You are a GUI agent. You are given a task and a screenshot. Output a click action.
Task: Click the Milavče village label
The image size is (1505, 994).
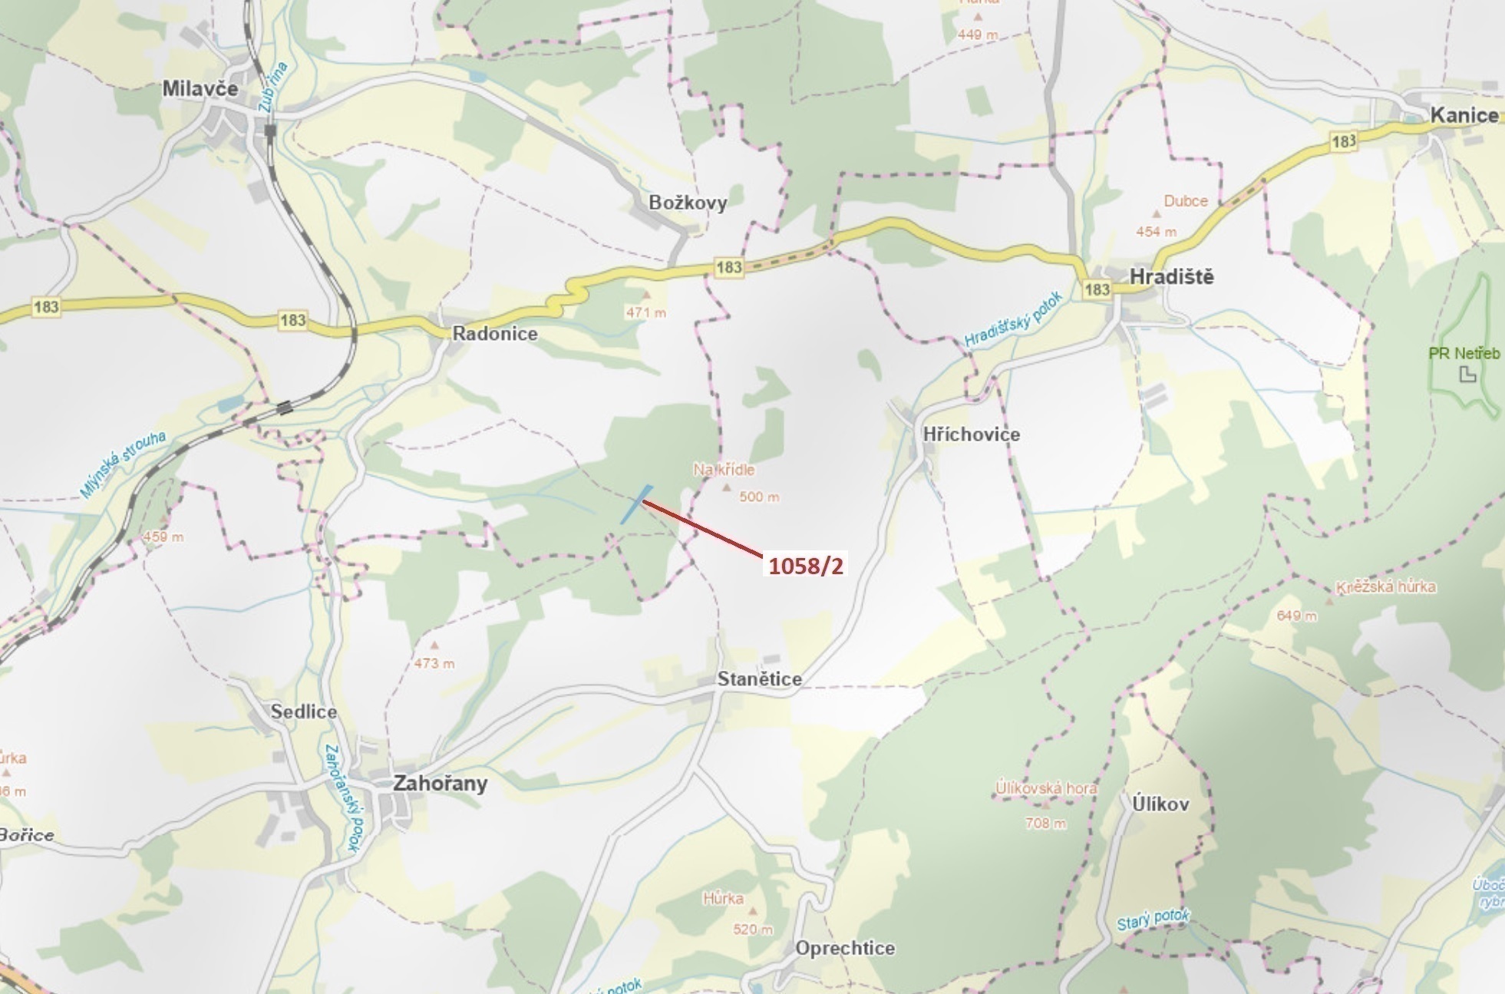[x=200, y=89]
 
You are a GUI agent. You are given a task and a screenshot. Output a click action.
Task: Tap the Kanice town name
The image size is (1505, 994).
[x=1464, y=116]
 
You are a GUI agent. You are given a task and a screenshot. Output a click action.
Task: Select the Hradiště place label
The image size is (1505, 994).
[x=1172, y=277]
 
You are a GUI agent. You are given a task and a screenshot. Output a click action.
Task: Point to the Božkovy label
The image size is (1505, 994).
[x=688, y=203]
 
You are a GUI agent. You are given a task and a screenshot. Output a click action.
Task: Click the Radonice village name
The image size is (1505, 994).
[x=495, y=334]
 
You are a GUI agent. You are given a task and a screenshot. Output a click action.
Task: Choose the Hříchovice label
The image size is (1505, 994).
[x=972, y=434]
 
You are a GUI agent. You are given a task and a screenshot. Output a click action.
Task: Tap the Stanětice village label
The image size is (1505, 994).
[x=759, y=679]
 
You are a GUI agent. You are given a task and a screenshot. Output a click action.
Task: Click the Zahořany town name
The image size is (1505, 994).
[x=440, y=784]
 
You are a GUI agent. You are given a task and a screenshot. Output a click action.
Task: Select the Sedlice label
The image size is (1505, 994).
[x=304, y=712]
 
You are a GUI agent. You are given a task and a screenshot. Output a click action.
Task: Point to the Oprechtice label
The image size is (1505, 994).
[x=845, y=949]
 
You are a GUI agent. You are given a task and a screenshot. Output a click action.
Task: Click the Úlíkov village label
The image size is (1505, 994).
[x=1160, y=804]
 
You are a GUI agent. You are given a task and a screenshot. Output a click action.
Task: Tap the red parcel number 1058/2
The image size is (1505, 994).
[x=806, y=566]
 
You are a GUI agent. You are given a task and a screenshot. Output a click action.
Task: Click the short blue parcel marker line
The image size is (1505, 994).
[x=636, y=504]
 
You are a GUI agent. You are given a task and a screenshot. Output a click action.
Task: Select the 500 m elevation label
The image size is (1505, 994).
[x=759, y=497]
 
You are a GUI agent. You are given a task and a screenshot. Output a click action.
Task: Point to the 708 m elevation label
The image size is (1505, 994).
[x=1045, y=824]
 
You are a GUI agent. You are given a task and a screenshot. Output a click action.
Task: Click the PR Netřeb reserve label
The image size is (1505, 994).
[x=1464, y=354]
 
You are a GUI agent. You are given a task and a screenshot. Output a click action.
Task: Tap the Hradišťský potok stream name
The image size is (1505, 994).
[x=1012, y=320]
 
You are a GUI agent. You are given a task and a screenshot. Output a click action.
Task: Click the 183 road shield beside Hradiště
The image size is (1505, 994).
[x=1097, y=289]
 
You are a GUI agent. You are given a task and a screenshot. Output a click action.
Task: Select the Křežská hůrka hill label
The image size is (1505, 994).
[x=1385, y=587]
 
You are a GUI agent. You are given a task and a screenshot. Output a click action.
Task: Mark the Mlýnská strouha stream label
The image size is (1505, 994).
[x=123, y=465]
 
